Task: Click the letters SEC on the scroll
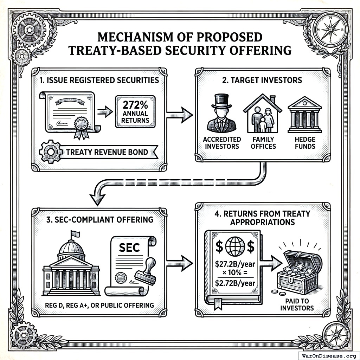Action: tap(129, 247)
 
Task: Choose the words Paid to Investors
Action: tap(299, 304)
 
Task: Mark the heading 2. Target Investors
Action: tap(262, 80)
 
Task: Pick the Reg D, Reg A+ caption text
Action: tap(99, 305)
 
